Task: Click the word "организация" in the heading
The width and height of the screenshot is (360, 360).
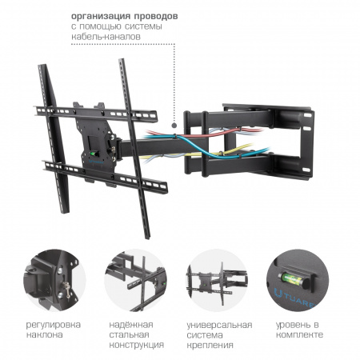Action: point(101,17)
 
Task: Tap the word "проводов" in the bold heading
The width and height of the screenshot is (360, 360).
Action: point(156,17)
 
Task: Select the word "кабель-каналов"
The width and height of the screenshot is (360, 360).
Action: point(106,37)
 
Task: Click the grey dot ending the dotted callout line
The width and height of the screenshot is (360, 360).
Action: point(174,125)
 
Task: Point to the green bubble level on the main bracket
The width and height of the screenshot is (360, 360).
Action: point(94,154)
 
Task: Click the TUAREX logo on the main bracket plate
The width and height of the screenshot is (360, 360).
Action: point(94,161)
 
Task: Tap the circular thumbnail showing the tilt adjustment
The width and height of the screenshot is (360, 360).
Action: point(54,280)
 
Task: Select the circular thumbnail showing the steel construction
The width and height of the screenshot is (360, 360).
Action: point(136,280)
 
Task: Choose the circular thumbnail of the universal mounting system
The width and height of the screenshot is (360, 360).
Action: point(217,280)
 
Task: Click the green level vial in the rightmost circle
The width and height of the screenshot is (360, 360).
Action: point(294,278)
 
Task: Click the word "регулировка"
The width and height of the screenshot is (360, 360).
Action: point(54,325)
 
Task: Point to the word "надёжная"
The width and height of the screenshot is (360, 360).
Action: point(131,325)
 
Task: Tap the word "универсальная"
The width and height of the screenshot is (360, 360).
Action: point(219,326)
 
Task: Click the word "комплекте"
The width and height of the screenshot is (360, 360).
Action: point(299,334)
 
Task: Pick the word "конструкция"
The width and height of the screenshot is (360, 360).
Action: point(137,345)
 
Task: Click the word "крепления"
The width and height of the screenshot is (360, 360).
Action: point(210,346)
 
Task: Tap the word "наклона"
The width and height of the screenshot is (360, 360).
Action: point(44,334)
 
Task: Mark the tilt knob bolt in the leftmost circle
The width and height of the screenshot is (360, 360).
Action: point(66,289)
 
